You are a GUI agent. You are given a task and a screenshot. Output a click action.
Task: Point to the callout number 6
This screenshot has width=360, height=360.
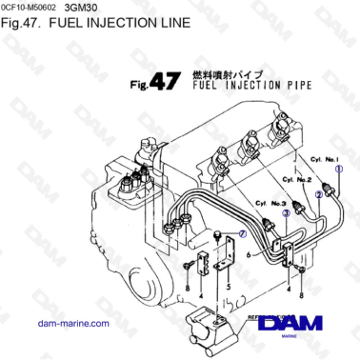[248, 255]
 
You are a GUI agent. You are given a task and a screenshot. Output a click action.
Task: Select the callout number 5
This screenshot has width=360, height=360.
[229, 286]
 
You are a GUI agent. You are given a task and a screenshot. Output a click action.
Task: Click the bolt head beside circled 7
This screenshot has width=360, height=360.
[219, 231]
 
